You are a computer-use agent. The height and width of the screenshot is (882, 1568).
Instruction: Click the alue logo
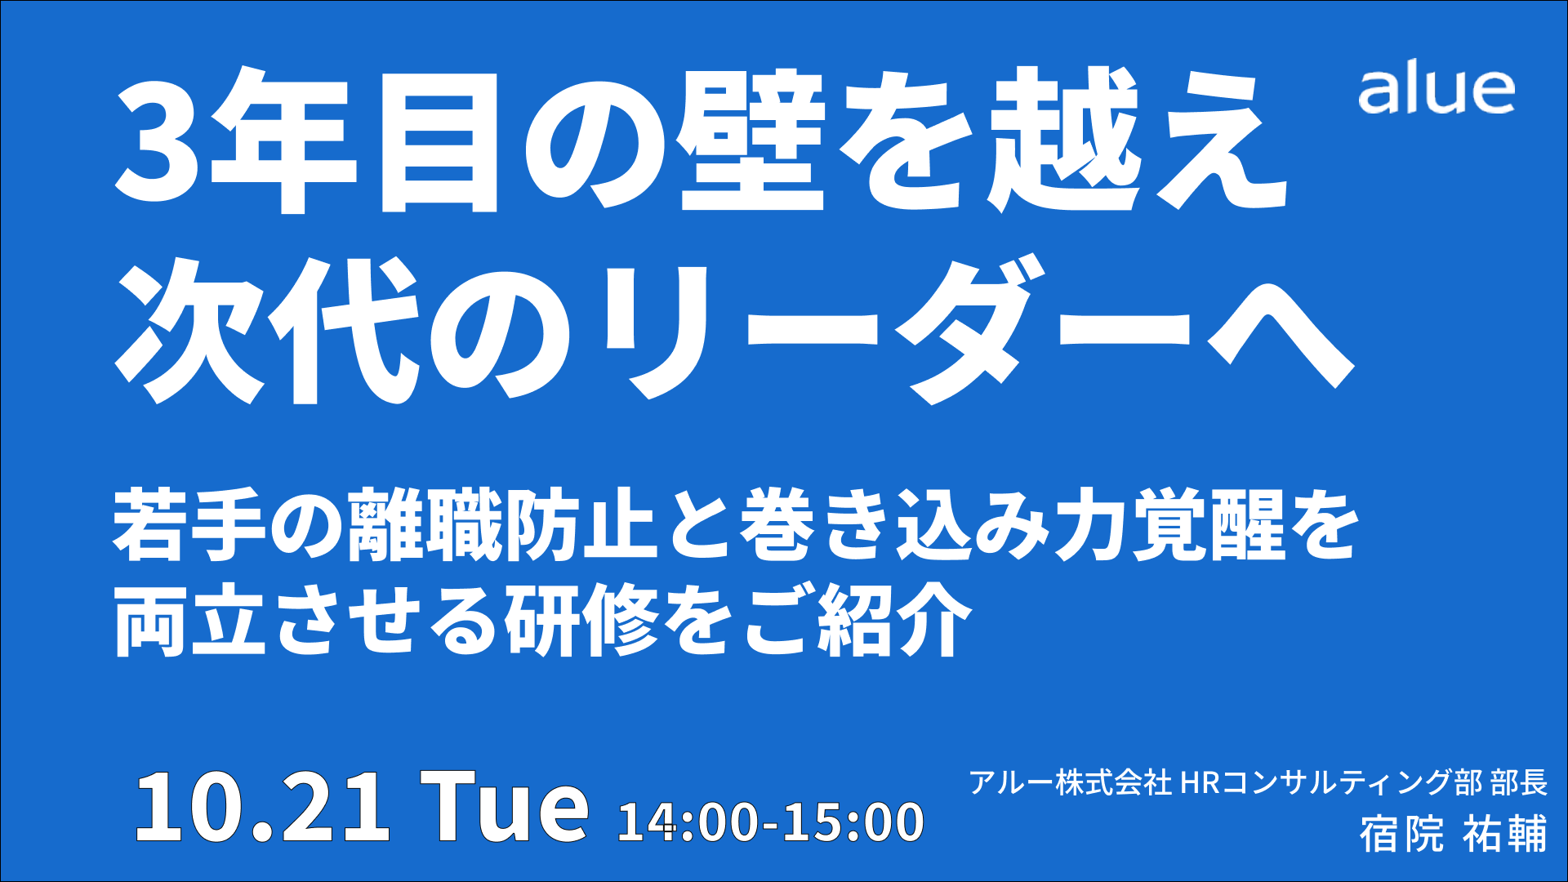[1437, 91]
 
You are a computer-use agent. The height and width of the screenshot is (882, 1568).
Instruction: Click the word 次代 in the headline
[269, 331]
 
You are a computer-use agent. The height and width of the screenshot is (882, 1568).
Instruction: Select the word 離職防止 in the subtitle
[502, 525]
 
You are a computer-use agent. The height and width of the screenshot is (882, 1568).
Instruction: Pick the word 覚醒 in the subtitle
[1209, 525]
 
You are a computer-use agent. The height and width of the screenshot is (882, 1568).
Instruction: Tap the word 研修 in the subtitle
[581, 621]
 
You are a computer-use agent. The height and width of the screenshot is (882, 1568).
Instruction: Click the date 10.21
[262, 807]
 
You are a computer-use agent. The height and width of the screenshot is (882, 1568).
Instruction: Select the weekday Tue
[504, 807]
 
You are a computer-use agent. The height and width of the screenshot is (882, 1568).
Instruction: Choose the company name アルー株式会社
[1071, 782]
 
